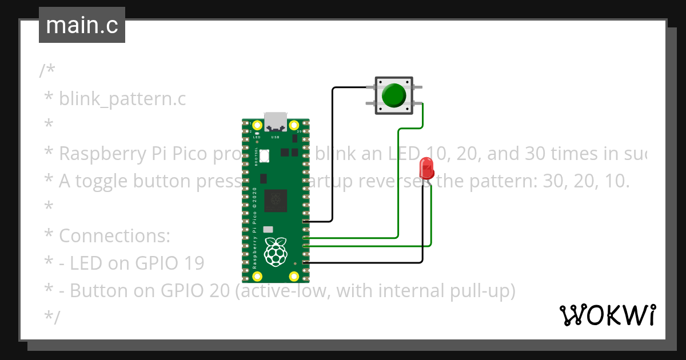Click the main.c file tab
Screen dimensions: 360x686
pos(82,26)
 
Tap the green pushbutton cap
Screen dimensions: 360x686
pos(393,95)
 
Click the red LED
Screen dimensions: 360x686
pos(426,168)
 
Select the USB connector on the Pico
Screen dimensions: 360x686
pos(276,121)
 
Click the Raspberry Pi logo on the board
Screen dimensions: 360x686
pos(276,252)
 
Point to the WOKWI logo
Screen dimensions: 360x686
pos(607,315)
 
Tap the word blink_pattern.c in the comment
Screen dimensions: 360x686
pos(122,99)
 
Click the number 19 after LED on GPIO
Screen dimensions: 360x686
pos(194,263)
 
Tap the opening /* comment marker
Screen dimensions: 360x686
pos(47,71)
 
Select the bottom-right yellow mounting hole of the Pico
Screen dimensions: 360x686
pos(294,277)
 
